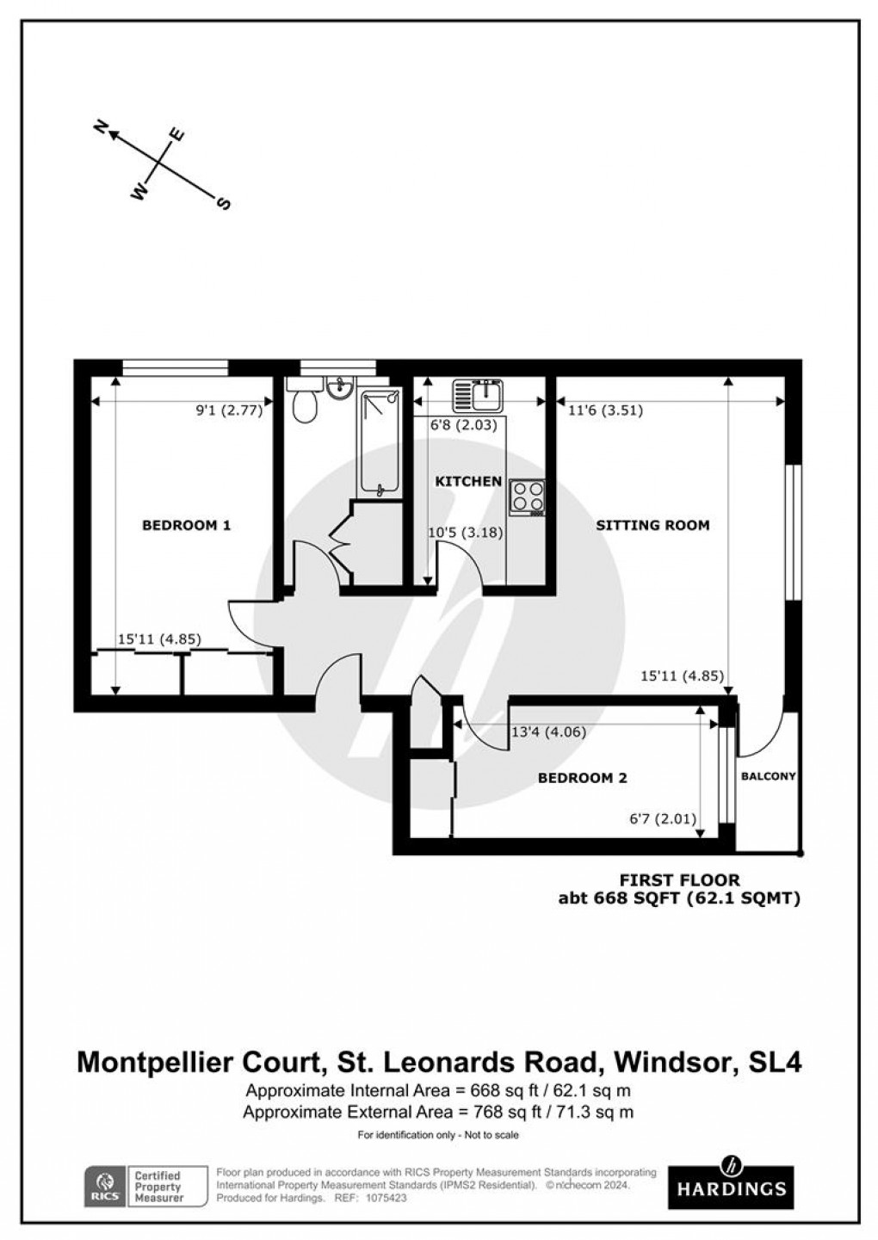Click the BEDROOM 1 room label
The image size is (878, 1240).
(186, 525)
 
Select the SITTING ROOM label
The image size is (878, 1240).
(652, 525)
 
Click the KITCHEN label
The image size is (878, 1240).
(467, 481)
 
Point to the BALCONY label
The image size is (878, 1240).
(768, 776)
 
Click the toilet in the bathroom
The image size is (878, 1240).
(304, 404)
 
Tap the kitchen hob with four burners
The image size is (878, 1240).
(528, 497)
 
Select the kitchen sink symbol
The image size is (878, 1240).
(481, 395)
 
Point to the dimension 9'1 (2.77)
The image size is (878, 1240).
(229, 411)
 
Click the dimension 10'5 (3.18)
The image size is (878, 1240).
(465, 533)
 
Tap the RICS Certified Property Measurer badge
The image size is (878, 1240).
(146, 1186)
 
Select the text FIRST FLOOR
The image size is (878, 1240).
(680, 880)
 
